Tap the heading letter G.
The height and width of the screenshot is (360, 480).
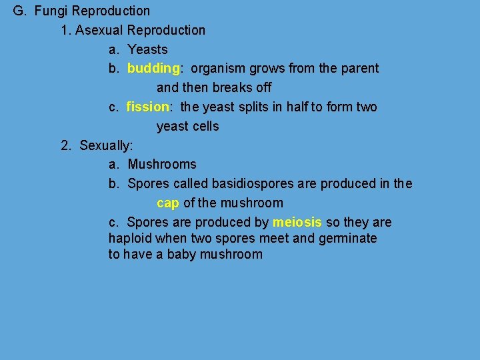(19, 11)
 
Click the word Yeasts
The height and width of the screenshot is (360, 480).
(147, 49)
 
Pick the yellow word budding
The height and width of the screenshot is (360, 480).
(153, 69)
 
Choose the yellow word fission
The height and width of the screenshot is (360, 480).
(148, 107)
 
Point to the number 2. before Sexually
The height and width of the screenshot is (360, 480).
(67, 145)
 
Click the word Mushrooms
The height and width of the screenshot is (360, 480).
(162, 165)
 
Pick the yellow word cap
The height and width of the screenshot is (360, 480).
(168, 203)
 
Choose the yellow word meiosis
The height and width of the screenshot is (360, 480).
(297, 223)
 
